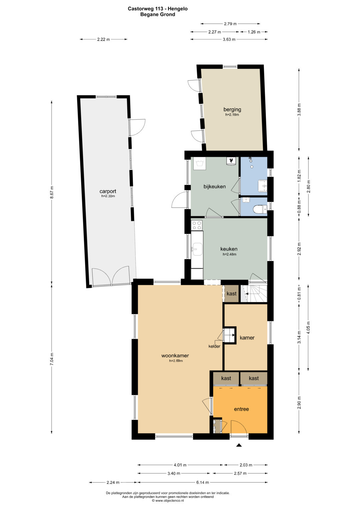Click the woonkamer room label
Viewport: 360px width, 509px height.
tap(175, 356)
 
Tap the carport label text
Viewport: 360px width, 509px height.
tap(108, 191)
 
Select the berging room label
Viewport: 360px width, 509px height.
tap(232, 110)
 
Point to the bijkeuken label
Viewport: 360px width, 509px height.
tap(215, 187)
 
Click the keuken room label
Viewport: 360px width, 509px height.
tap(229, 249)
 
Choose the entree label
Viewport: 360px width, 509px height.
tap(241, 409)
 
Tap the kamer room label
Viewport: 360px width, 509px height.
tap(247, 338)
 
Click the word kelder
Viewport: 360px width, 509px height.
tap(214, 346)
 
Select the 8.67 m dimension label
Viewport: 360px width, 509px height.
tap(52, 192)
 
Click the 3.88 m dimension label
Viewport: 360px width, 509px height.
tap(299, 110)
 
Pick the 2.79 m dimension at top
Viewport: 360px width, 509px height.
tap(230, 24)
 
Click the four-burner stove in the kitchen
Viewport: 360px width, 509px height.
tap(197, 225)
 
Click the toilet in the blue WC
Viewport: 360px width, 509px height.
tap(260, 209)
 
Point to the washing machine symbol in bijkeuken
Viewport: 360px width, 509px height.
tap(199, 164)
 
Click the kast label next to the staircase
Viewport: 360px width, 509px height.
tap(232, 294)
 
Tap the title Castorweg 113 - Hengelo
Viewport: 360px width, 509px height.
tap(158, 9)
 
